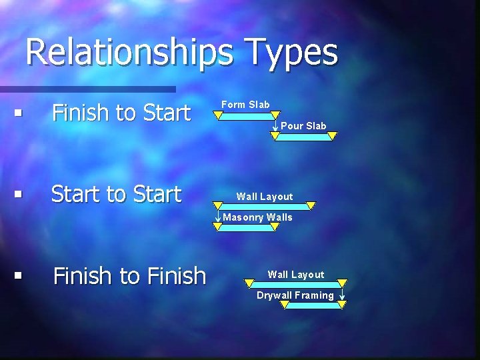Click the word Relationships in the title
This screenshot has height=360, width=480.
click(129, 53)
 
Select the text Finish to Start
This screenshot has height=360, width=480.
click(121, 113)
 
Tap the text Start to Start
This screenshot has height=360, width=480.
click(116, 194)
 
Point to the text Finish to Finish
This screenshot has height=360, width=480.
click(129, 275)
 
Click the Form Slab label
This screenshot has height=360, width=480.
click(245, 104)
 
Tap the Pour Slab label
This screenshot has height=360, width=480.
click(303, 125)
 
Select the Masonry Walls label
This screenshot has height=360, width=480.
click(257, 217)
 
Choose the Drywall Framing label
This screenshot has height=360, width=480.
click(295, 295)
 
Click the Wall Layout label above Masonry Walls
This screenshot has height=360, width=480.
click(264, 196)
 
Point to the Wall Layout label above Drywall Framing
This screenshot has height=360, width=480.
click(295, 274)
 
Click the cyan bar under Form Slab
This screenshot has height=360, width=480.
click(247, 115)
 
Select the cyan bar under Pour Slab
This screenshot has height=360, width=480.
click(303, 136)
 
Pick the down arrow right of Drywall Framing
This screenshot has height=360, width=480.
click(341, 293)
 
